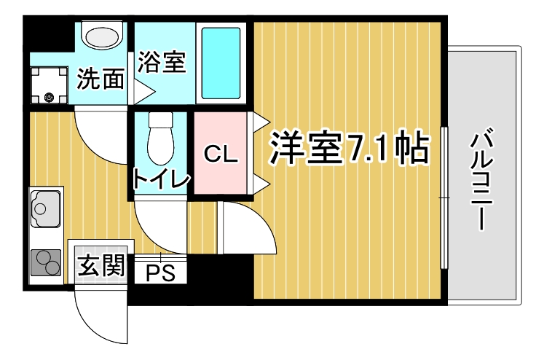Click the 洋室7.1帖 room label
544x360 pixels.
click(348, 150)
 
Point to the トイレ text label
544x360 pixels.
click(161, 179)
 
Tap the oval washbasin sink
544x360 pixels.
click(103, 35)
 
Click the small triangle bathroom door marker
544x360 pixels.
click(141, 90)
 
